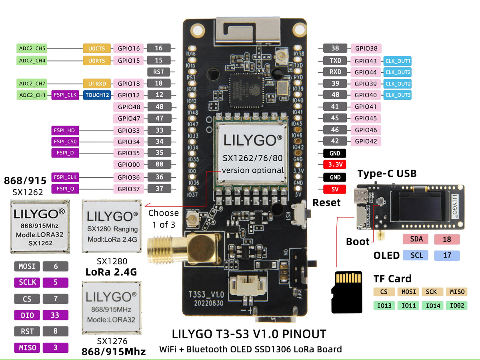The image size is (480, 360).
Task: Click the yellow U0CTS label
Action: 96,49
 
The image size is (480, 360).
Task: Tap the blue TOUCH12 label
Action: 96,96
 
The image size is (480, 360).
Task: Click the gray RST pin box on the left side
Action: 159,72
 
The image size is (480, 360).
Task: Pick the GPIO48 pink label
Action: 129,107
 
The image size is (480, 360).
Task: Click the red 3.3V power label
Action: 334,165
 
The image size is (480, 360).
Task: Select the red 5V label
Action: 334,189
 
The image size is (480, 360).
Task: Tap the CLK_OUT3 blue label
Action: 397,96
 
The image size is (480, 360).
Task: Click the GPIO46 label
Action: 366,130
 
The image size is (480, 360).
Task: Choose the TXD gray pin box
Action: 335,61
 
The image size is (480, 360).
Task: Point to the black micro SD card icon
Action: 347,292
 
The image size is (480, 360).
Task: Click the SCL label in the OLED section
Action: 416,255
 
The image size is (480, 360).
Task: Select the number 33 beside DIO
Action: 55,315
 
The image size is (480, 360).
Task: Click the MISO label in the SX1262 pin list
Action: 27,348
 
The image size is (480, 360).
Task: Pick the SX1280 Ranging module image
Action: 112,226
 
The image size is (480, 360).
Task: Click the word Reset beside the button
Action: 326,202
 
